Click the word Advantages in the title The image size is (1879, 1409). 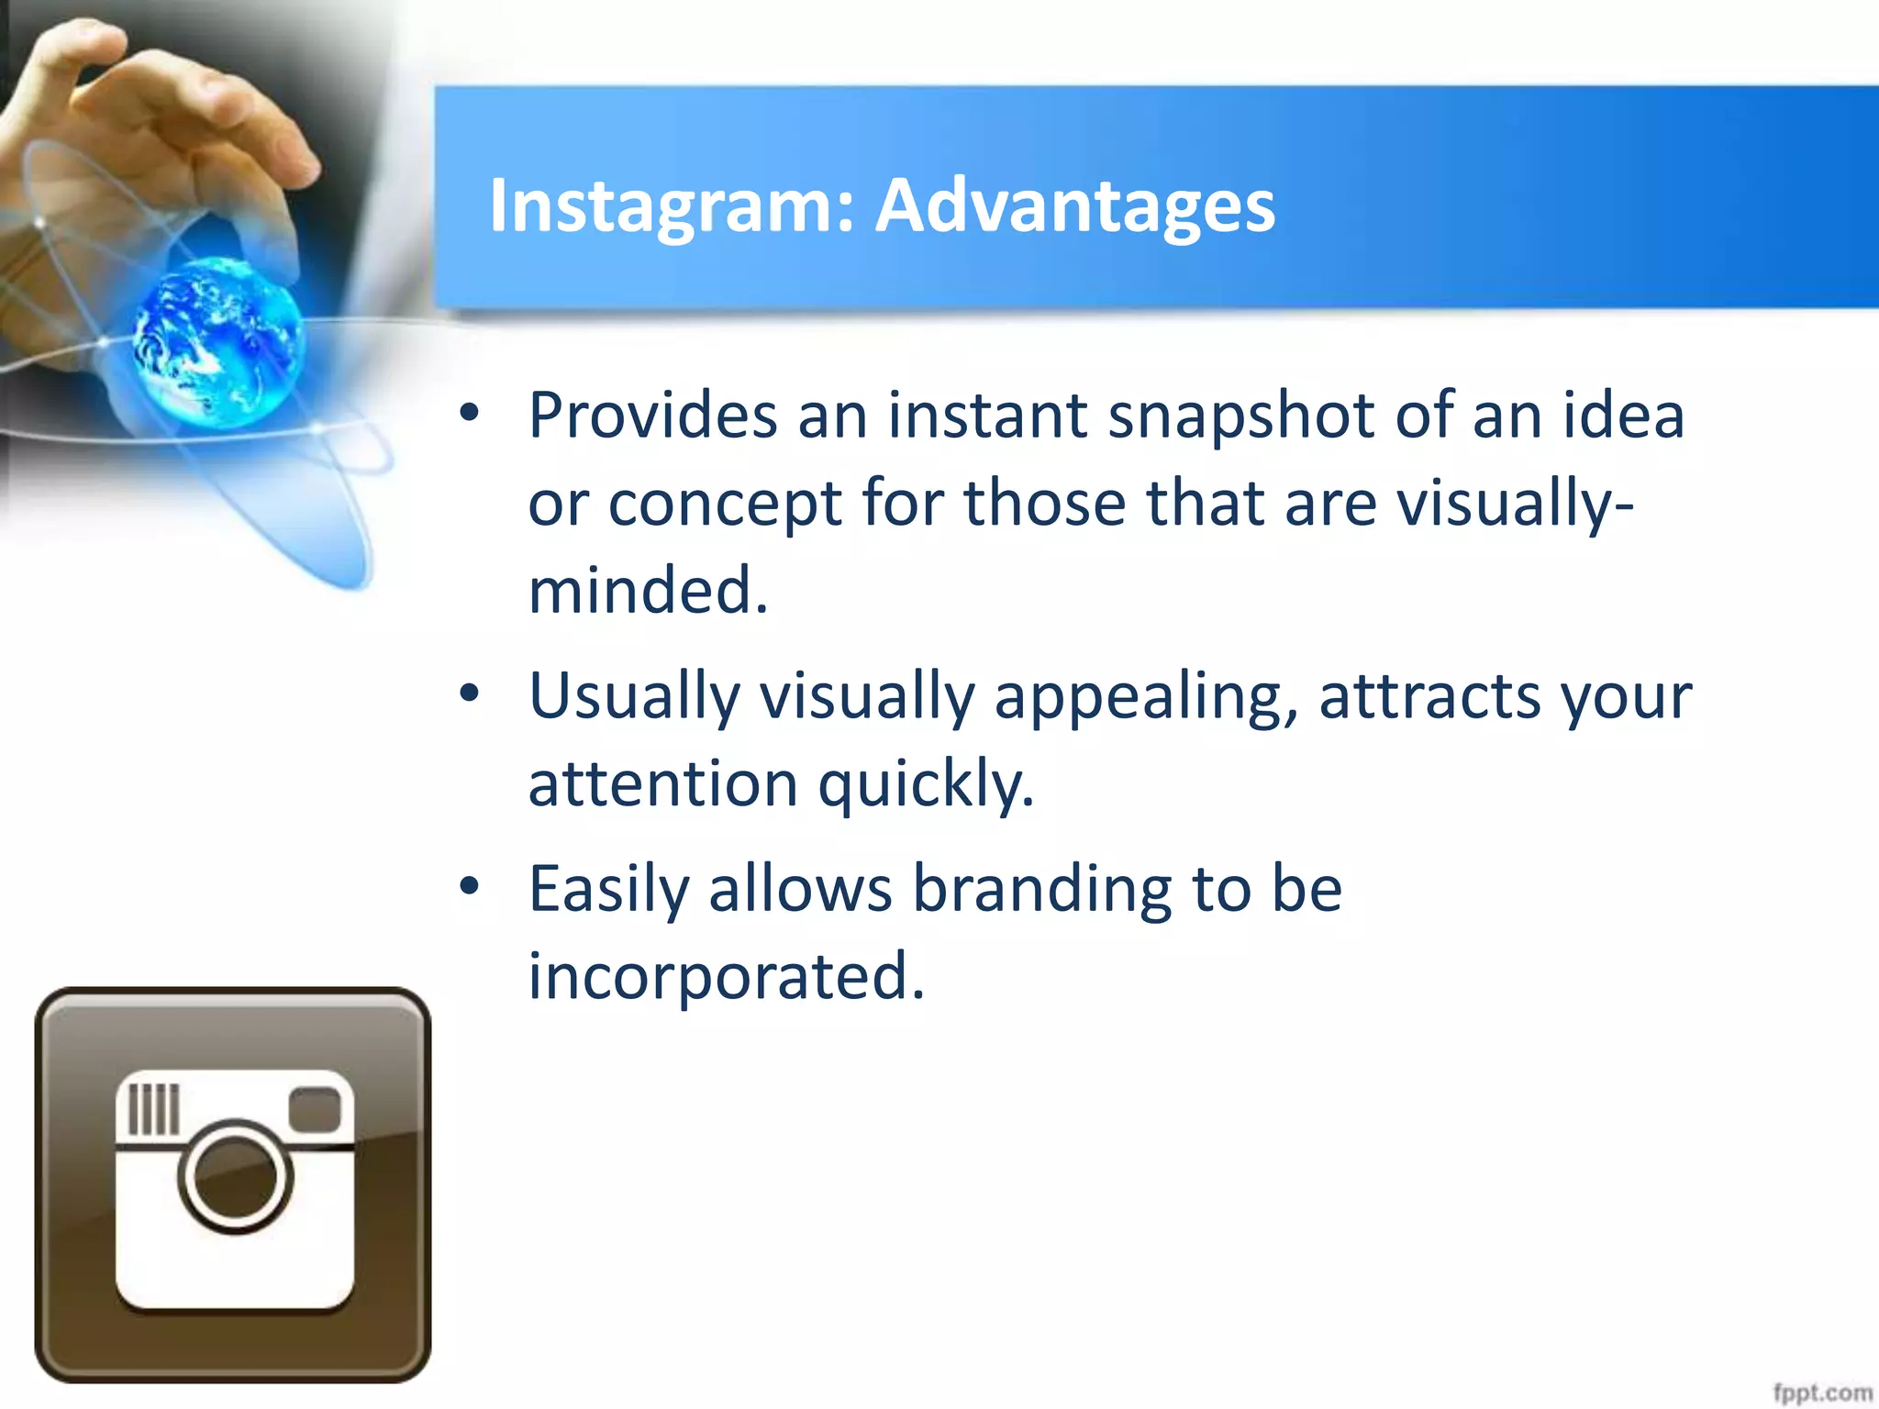tap(1074, 205)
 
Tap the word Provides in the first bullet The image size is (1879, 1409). tap(653, 416)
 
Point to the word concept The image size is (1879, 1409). tap(725, 504)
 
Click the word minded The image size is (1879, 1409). tap(647, 590)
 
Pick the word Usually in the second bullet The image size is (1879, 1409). tap(634, 695)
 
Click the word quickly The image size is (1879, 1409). tap(927, 784)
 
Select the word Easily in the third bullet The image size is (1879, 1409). tap(608, 889)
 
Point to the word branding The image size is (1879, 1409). tap(1042, 889)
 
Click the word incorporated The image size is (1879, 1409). tap(726, 976)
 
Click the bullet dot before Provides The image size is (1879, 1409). tap(470, 413)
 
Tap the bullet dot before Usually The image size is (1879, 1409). tap(470, 693)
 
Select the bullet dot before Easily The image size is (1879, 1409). tap(470, 886)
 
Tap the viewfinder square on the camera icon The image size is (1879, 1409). tap(315, 1109)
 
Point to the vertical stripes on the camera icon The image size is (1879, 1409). tap(153, 1109)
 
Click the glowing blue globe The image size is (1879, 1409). tap(218, 341)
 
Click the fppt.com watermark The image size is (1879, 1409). tap(1821, 1392)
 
